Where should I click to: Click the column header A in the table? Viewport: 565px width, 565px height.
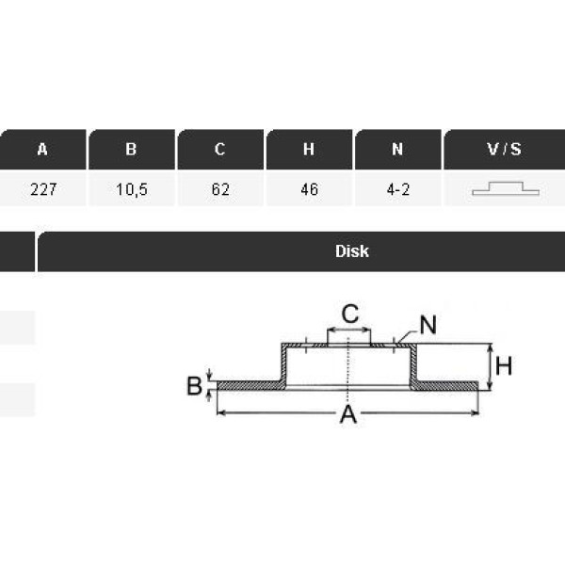[x=42, y=149]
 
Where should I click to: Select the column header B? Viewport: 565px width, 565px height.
[x=132, y=149]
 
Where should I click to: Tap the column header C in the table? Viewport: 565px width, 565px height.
[x=220, y=149]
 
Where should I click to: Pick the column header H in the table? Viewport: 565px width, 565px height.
[x=309, y=149]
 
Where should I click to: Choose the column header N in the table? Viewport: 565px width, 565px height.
[x=397, y=149]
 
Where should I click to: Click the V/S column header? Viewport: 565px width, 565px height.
[x=505, y=149]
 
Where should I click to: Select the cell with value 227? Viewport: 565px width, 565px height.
[x=43, y=189]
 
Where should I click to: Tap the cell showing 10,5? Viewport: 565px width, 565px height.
[x=132, y=189]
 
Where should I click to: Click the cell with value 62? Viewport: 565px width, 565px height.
[x=220, y=189]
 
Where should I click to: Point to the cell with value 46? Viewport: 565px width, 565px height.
[x=310, y=189]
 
